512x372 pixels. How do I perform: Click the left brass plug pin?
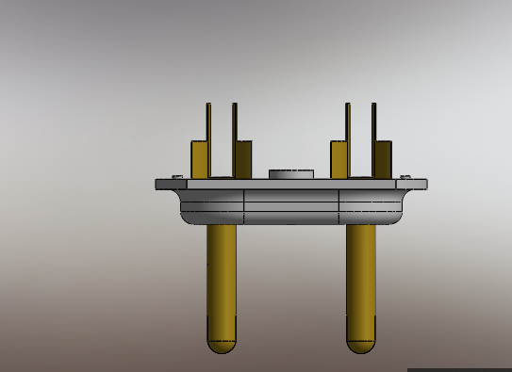click(222, 278)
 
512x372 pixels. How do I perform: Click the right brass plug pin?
click(360, 278)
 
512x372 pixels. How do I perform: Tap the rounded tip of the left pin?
click(222, 345)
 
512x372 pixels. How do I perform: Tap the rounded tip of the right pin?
click(360, 345)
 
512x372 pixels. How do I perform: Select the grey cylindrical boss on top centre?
click(290, 174)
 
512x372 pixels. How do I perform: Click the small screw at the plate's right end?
click(405, 176)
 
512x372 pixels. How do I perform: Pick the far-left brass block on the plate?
click(200, 159)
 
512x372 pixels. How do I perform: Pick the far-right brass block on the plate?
click(383, 159)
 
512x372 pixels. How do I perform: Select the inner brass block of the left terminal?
click(243, 159)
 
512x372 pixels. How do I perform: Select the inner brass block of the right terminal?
click(339, 159)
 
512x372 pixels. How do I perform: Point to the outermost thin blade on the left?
click(208, 122)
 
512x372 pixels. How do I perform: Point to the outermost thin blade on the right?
click(373, 122)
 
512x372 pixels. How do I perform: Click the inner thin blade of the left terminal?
click(235, 122)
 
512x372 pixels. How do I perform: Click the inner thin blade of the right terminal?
click(348, 122)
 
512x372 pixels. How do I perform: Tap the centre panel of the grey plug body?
click(290, 206)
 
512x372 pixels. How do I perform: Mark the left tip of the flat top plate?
click(159, 185)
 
